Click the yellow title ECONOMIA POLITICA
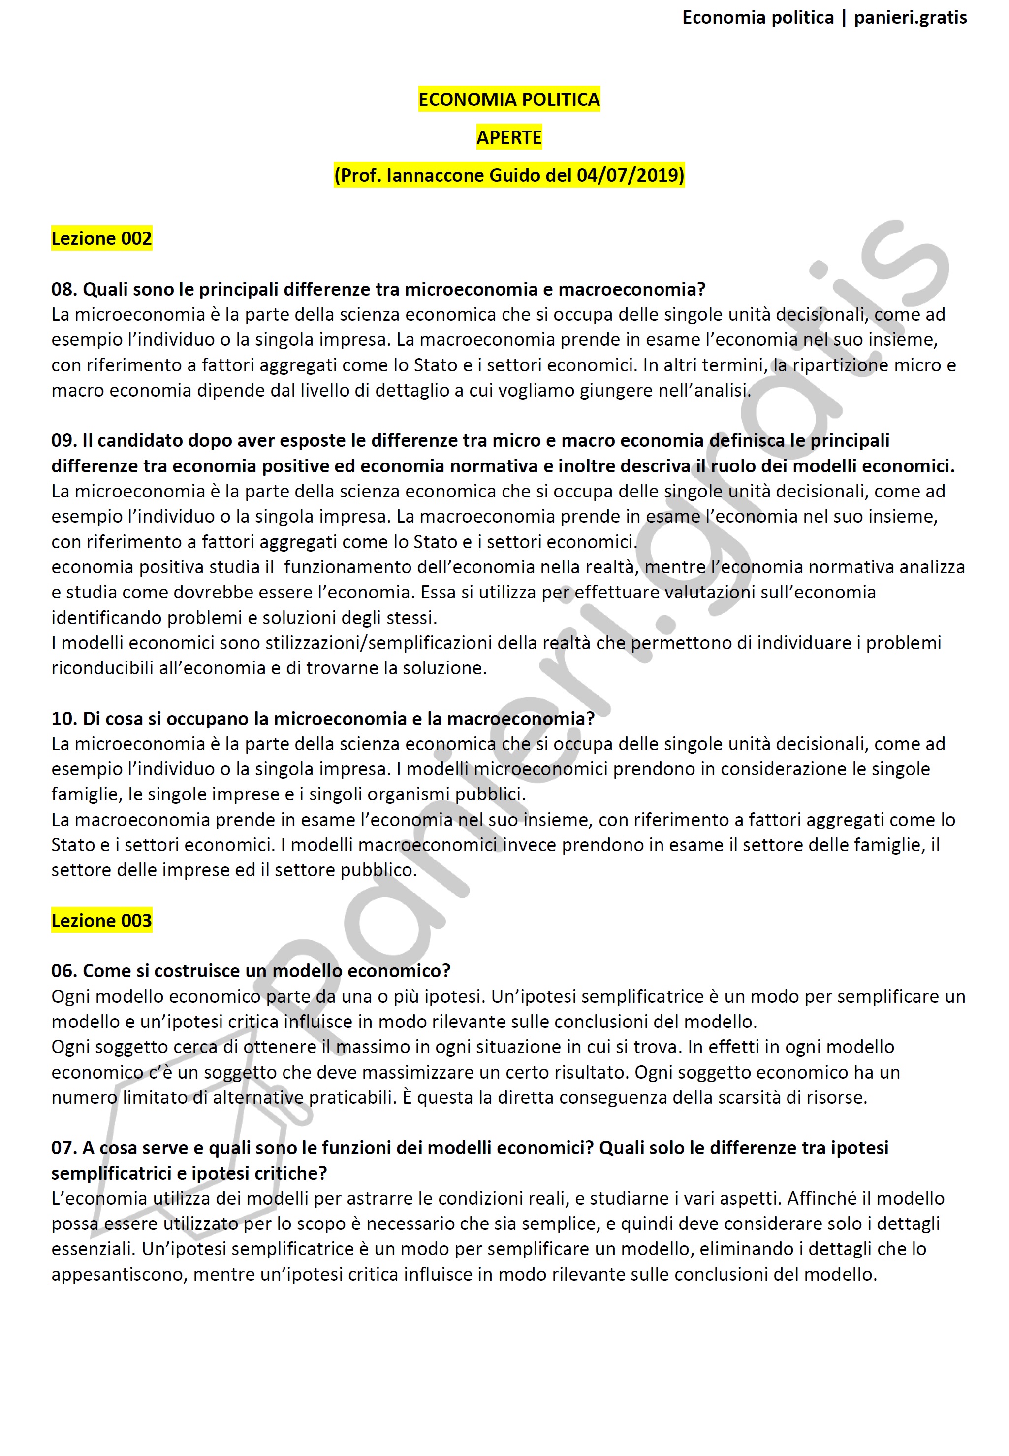coord(509,99)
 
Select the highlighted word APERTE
coord(509,137)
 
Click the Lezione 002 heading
coord(102,238)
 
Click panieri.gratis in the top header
coord(911,18)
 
